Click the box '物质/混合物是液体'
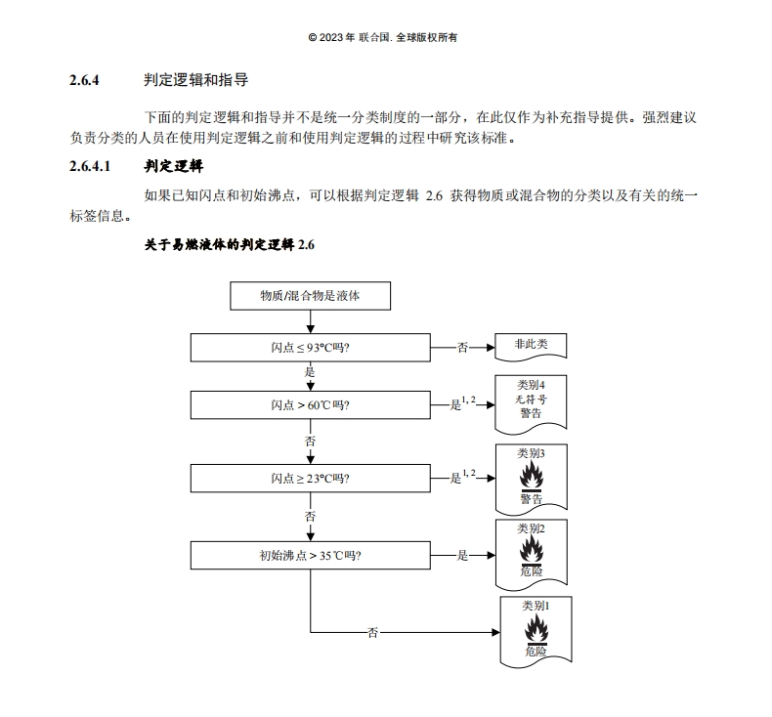(x=310, y=296)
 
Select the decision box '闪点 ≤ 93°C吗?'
(x=310, y=348)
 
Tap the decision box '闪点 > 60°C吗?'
(x=310, y=405)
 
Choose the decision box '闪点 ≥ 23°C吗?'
(x=310, y=478)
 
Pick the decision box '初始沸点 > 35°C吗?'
(x=310, y=555)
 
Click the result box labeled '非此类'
(x=531, y=347)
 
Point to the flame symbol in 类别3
(x=532, y=477)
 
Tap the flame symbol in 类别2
(x=532, y=550)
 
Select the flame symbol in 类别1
(x=536, y=629)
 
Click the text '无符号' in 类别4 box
(x=531, y=400)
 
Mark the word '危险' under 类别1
(x=536, y=652)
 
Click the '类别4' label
(x=531, y=385)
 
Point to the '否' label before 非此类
(x=462, y=348)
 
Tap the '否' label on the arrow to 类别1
(x=372, y=632)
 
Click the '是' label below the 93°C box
(x=310, y=371)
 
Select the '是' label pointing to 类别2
(x=462, y=555)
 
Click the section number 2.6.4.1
(x=90, y=166)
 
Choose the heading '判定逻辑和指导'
(x=196, y=80)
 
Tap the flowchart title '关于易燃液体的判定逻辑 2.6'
(x=230, y=244)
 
